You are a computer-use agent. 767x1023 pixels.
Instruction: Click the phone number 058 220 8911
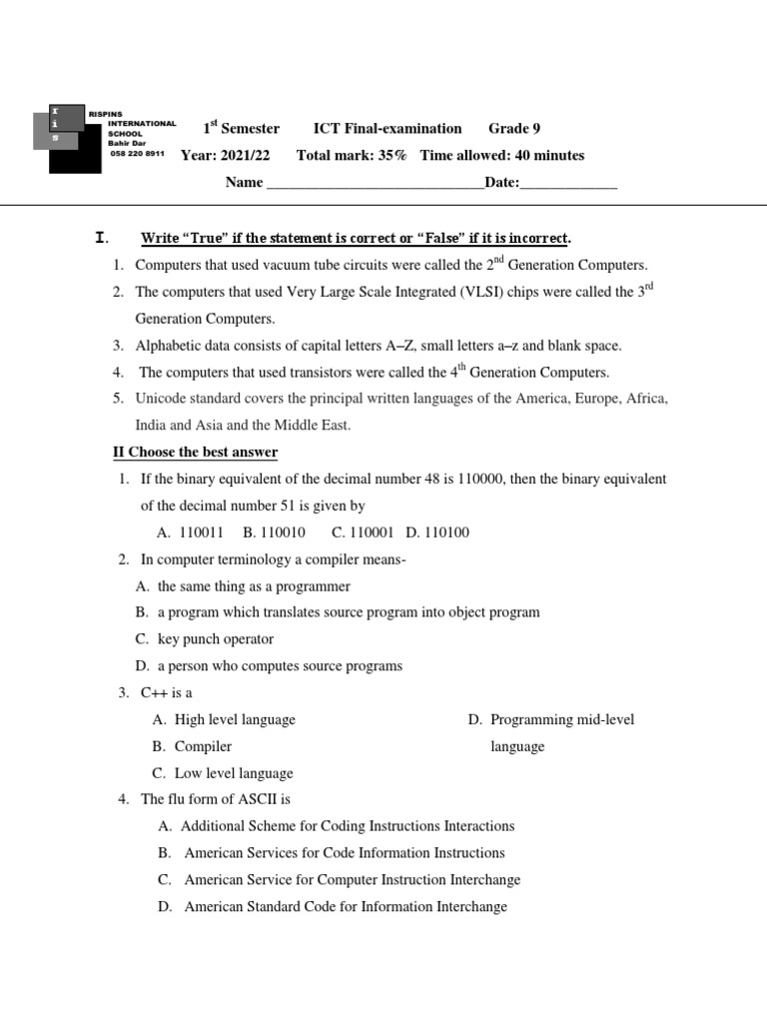(x=136, y=155)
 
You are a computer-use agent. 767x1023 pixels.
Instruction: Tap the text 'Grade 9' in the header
(x=514, y=128)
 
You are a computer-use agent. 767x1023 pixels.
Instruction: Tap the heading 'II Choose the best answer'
(x=195, y=453)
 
